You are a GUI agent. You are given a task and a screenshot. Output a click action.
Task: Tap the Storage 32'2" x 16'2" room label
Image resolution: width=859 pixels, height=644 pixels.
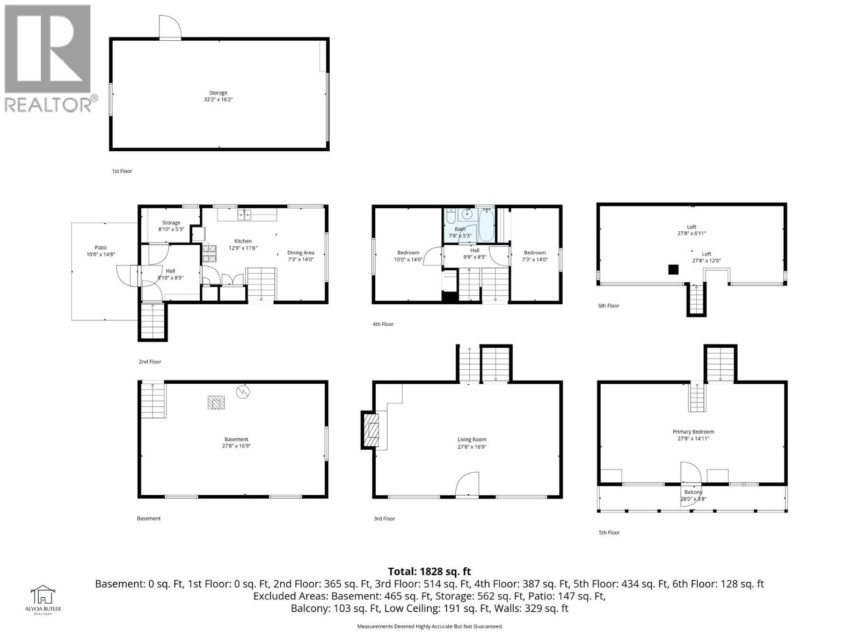[219, 96]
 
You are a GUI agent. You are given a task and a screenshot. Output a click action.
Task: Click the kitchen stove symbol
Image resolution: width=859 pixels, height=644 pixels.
[208, 253]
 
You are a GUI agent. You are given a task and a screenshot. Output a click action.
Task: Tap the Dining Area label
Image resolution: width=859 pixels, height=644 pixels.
[301, 256]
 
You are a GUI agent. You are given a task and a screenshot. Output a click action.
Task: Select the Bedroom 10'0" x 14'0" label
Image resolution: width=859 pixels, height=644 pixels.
[408, 256]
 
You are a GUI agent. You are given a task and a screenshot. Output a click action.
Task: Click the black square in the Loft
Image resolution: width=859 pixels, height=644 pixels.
[673, 269]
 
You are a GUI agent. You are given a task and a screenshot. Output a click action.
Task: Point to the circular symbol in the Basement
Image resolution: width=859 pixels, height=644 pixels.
[243, 392]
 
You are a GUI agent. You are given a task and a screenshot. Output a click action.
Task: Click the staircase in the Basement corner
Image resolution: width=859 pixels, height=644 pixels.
[154, 400]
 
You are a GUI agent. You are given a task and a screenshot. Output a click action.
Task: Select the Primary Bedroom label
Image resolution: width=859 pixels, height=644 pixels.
[693, 435]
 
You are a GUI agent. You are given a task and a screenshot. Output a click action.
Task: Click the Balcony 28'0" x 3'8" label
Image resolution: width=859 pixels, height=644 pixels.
[693, 495]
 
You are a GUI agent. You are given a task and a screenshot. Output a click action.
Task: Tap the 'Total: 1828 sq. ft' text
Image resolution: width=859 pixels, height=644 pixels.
[429, 572]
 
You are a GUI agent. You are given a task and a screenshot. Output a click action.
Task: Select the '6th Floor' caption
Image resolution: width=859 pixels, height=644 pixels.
[608, 306]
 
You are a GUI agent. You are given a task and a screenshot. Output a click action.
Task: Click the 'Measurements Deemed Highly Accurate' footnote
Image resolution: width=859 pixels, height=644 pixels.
[429, 626]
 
